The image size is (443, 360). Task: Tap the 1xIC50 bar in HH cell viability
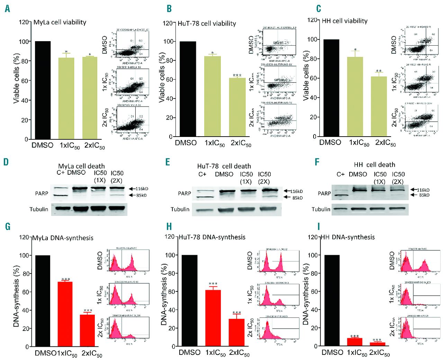pyautogui.click(x=355, y=96)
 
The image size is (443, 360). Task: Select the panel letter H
pyautogui.click(x=169, y=227)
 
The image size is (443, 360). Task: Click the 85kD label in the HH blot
pyautogui.click(x=424, y=195)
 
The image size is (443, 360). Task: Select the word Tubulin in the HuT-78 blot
pyautogui.click(x=180, y=209)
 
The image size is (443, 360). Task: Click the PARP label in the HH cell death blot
pyautogui.click(x=324, y=193)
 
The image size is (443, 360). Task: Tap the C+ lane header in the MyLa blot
pyautogui.click(x=61, y=173)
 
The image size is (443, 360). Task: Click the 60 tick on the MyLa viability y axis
pyautogui.click(x=24, y=81)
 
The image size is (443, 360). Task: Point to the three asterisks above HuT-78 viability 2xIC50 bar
pyautogui.click(x=237, y=75)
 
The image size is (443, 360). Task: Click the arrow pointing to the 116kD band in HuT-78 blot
pyautogui.click(x=287, y=191)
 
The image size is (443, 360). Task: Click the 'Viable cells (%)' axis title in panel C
pyautogui.click(x=306, y=76)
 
